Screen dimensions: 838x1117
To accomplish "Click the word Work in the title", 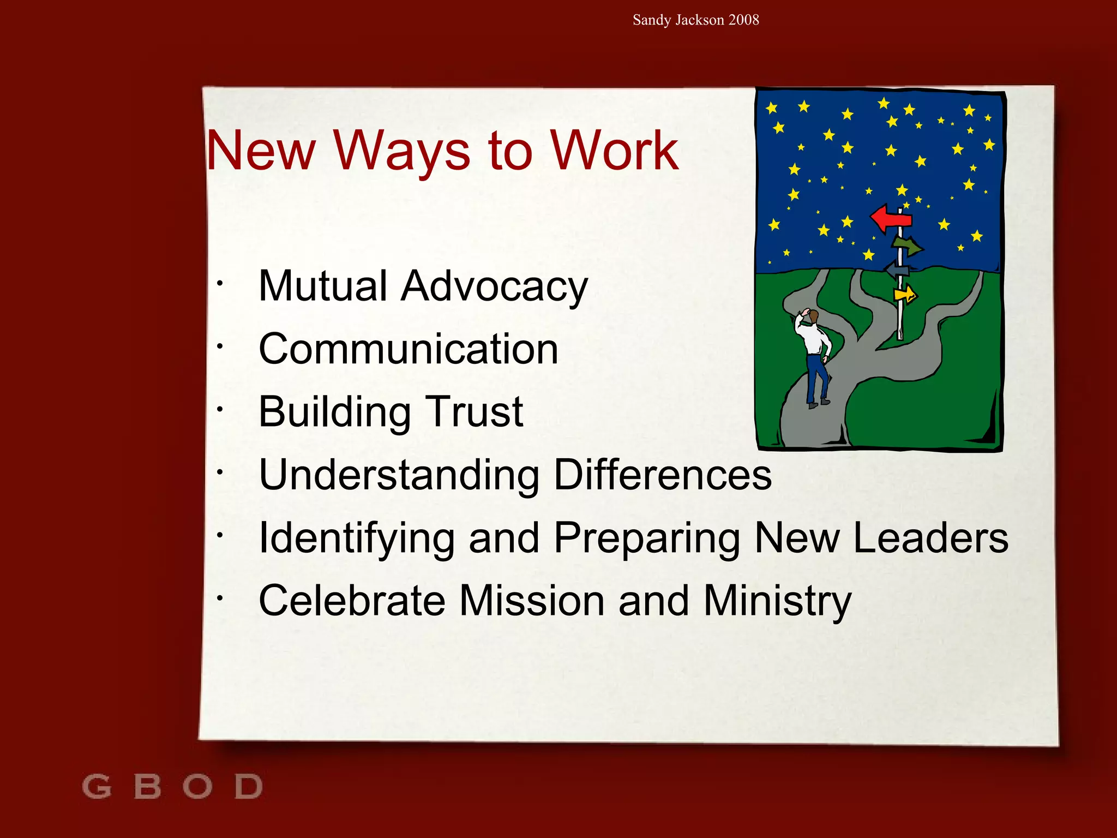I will (614, 151).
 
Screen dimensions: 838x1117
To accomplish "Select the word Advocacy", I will (494, 287).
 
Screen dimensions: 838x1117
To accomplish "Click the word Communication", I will (409, 349).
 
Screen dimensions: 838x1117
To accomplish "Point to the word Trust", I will (474, 412).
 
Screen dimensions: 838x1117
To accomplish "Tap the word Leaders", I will (930, 538).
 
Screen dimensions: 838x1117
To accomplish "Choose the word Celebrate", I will (352, 601).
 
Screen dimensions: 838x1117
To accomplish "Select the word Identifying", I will (357, 539).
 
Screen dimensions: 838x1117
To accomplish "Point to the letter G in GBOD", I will (97, 787).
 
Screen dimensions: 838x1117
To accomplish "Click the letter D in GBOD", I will (249, 787).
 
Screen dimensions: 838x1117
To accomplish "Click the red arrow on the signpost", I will (891, 218).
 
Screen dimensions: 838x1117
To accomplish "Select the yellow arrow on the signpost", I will (905, 295).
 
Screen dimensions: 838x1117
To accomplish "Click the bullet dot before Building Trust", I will (219, 409).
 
